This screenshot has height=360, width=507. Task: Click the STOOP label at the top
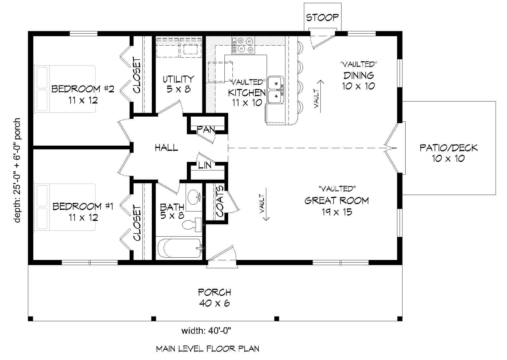(x=322, y=18)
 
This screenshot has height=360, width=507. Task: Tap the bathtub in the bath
(x=180, y=248)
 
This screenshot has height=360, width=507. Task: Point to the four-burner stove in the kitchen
(x=243, y=46)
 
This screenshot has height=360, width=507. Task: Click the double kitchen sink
(x=276, y=90)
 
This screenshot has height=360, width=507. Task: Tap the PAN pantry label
(x=206, y=130)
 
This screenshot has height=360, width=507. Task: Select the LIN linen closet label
(x=205, y=165)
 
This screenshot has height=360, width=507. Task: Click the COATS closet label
(x=220, y=202)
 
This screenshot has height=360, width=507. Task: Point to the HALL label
(x=167, y=148)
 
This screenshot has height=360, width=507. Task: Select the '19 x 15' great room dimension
(x=337, y=212)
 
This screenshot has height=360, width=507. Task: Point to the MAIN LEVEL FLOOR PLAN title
(x=208, y=348)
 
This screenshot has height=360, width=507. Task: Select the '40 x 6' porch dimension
(x=214, y=303)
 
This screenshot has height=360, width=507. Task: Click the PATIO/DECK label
(x=448, y=148)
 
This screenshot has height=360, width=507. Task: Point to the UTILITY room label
(x=179, y=79)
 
